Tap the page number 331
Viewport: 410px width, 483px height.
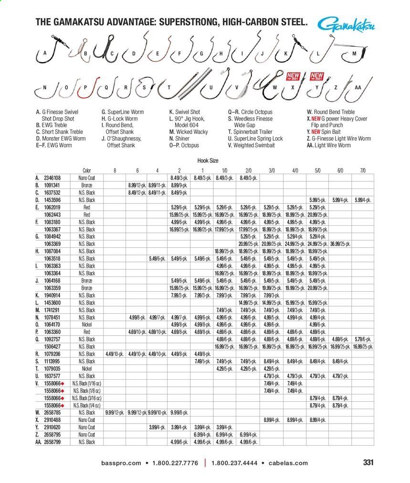pos(368,462)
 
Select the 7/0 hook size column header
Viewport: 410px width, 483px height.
pos(362,170)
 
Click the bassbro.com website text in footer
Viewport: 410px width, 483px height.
pos(121,463)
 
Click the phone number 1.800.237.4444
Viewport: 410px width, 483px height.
pos(234,463)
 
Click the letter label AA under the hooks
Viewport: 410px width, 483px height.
pos(357,88)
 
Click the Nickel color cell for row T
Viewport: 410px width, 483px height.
pos(86,369)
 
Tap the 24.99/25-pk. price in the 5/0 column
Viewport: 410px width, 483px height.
pos(316,244)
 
